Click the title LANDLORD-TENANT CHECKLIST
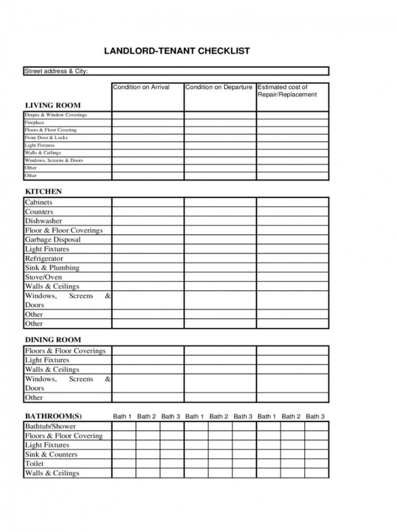pyautogui.click(x=177, y=51)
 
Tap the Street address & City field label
pyautogui.click(x=56, y=71)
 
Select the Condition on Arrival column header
pyautogui.click(x=141, y=88)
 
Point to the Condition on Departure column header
pyautogui.click(x=219, y=88)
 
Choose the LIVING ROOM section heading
pyautogui.click(x=53, y=105)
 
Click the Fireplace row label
pyautogui.click(x=34, y=123)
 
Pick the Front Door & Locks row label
pyautogui.click(x=46, y=138)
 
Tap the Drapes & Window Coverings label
pyautogui.click(x=55, y=115)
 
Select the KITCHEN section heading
pyautogui.click(x=43, y=191)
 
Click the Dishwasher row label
pyautogui.click(x=43, y=221)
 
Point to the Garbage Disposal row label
pyautogui.click(x=52, y=240)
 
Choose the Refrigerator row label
pyautogui.click(x=44, y=259)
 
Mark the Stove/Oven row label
pyautogui.click(x=43, y=277)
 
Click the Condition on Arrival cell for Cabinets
pyautogui.click(x=148, y=203)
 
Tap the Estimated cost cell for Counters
pyautogui.click(x=292, y=212)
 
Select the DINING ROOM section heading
pyautogui.click(x=53, y=340)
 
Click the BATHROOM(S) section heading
pyautogui.click(x=53, y=416)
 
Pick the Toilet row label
pyautogui.click(x=35, y=464)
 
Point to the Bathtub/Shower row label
pyautogui.click(x=50, y=427)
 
